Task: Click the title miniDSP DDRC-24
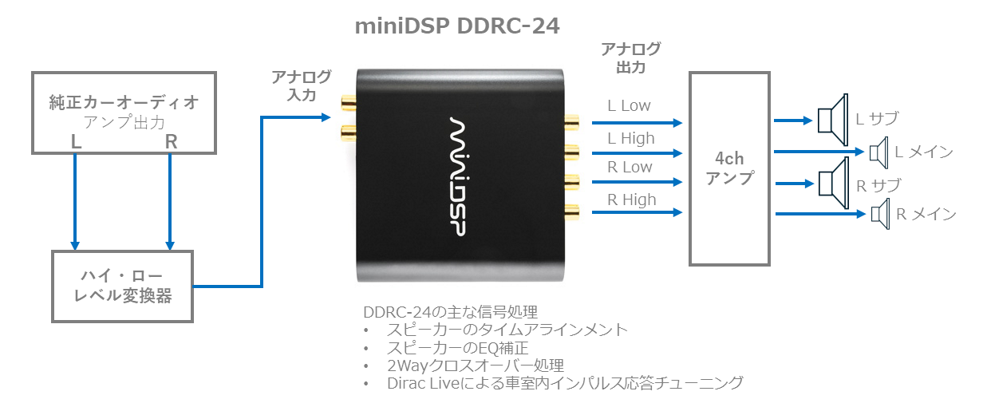[x=457, y=26]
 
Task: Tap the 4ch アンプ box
[x=729, y=168]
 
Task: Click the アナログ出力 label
[x=630, y=58]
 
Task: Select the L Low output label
[x=629, y=105]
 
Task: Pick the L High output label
[x=630, y=138]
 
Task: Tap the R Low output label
[x=630, y=167]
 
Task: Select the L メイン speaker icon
[x=878, y=150]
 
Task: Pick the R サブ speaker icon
[x=833, y=182]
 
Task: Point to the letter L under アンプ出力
[x=76, y=141]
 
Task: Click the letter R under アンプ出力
[x=171, y=141]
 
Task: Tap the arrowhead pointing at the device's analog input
[x=326, y=118]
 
